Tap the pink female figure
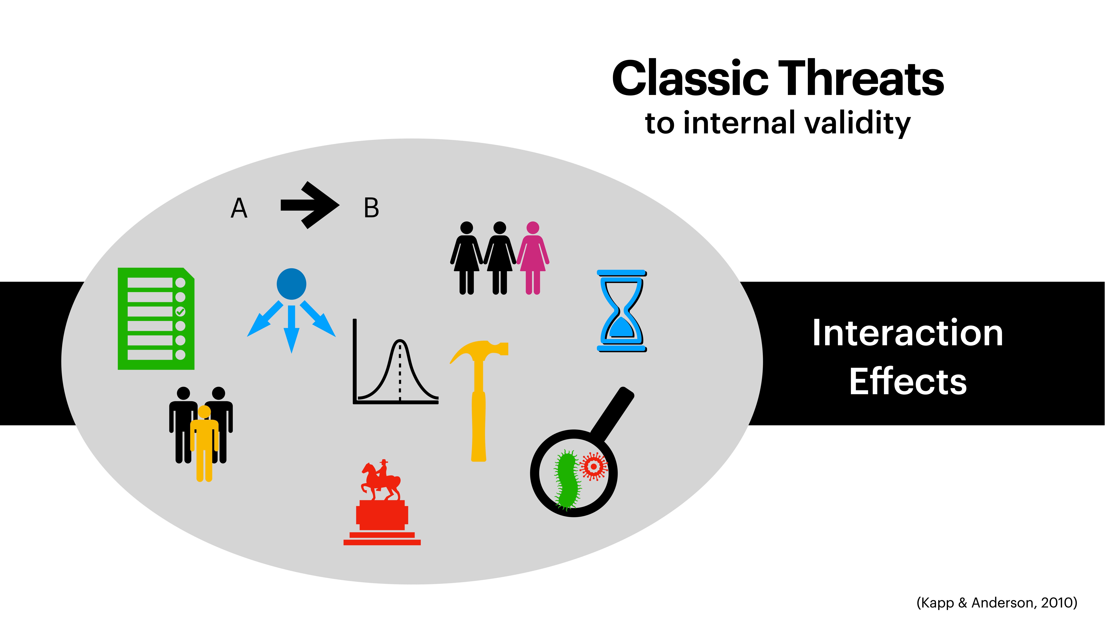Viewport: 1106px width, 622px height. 533,258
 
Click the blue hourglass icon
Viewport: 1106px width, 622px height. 621,311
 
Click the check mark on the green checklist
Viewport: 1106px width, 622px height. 180,311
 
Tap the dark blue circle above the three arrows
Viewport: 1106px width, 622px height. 292,284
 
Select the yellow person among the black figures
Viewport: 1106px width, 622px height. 204,442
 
